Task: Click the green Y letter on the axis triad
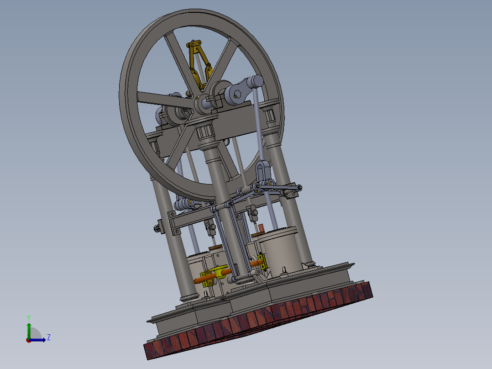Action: (28, 317)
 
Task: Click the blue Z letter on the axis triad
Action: (48, 337)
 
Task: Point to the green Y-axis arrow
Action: (29, 328)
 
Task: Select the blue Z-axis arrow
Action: (40, 339)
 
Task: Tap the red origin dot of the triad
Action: (28, 340)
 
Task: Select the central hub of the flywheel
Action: (201, 104)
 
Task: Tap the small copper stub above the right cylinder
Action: (262, 228)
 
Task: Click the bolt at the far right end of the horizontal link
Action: (299, 187)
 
